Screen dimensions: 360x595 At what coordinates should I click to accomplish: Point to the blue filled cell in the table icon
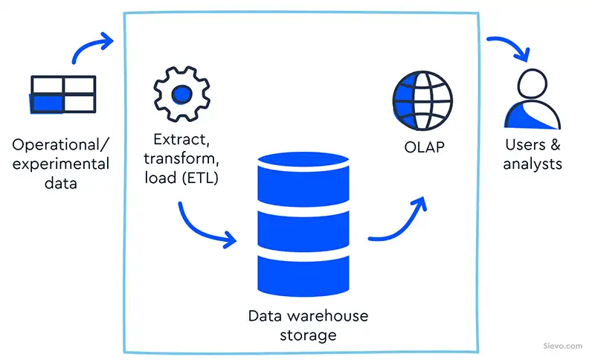[x=48, y=103]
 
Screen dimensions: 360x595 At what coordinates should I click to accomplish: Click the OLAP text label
[x=422, y=147]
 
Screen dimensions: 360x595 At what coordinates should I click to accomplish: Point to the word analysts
[x=532, y=164]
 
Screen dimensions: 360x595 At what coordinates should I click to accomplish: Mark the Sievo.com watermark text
[x=562, y=346]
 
